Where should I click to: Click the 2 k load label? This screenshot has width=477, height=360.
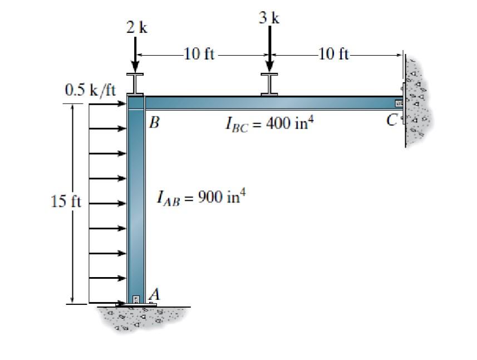point(136,27)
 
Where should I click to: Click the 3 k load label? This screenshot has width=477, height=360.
point(269,18)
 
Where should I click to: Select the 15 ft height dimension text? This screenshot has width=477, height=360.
point(66,201)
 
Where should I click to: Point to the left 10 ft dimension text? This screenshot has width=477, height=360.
point(199,55)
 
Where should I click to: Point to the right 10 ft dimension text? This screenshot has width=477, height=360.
point(334,54)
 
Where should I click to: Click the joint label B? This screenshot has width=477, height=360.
point(155,122)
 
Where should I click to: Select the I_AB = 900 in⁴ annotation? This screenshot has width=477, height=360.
point(201,198)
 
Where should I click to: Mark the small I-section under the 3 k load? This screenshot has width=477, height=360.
point(270,84)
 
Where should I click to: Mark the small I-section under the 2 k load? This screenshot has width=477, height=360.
point(135,84)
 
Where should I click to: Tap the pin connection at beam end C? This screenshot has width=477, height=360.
point(399,103)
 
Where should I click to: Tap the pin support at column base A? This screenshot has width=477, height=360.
point(136,300)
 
